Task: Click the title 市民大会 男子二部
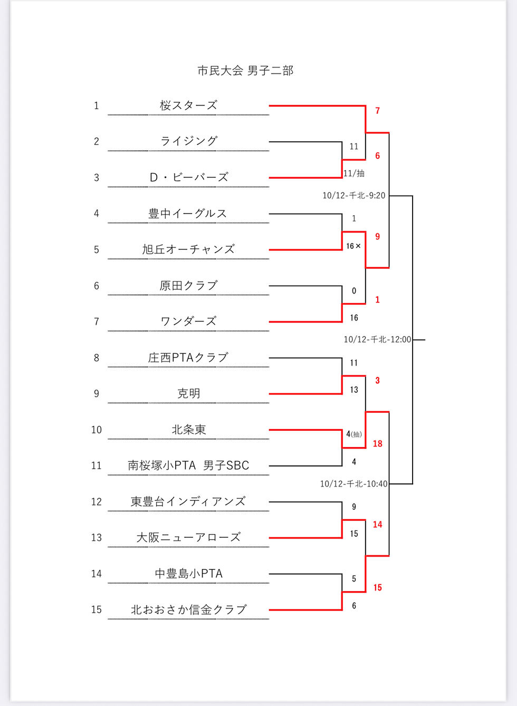point(245,71)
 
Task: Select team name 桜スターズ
point(188,105)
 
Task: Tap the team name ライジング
point(189,141)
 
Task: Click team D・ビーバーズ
point(189,177)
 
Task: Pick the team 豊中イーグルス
point(188,214)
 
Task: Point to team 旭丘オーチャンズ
point(188,249)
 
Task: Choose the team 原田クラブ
point(188,286)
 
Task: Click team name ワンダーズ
point(188,322)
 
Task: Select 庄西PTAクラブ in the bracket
point(188,357)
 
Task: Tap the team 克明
point(188,394)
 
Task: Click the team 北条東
point(188,430)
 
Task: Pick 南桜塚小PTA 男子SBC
point(188,466)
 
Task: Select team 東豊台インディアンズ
point(188,501)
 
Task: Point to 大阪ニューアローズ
point(188,538)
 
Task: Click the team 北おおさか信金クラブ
point(188,610)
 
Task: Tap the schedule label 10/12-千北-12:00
point(377,340)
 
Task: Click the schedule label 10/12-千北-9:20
point(354,196)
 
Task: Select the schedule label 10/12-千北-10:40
point(353,484)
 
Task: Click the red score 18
point(377,444)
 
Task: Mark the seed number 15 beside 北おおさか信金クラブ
point(96,610)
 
